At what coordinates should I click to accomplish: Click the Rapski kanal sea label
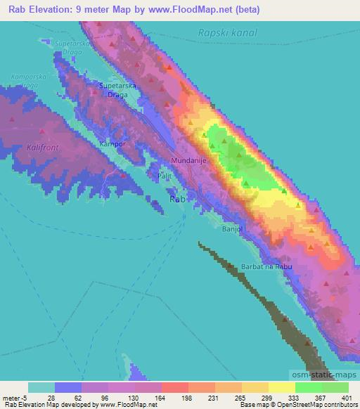pyautogui.click(x=228, y=32)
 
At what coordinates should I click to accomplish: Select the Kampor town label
pyautogui.click(x=112, y=143)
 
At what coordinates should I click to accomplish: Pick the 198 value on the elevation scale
pyautogui.click(x=187, y=397)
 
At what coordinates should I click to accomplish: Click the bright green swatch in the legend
pyautogui.click(x=308, y=387)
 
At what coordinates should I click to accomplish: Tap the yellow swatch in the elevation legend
pyautogui.click(x=281, y=387)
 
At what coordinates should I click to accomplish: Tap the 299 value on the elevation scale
pyautogui.click(x=267, y=397)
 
